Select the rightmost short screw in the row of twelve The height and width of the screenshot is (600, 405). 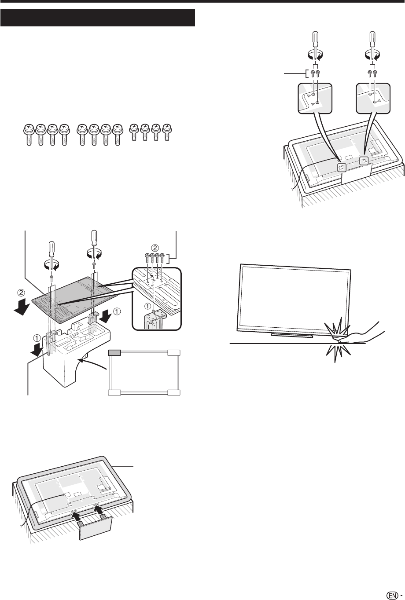click(x=167, y=132)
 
